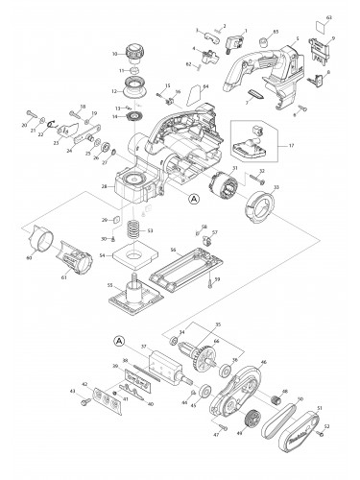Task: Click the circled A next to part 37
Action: pos(119,340)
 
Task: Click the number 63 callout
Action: pos(327,17)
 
